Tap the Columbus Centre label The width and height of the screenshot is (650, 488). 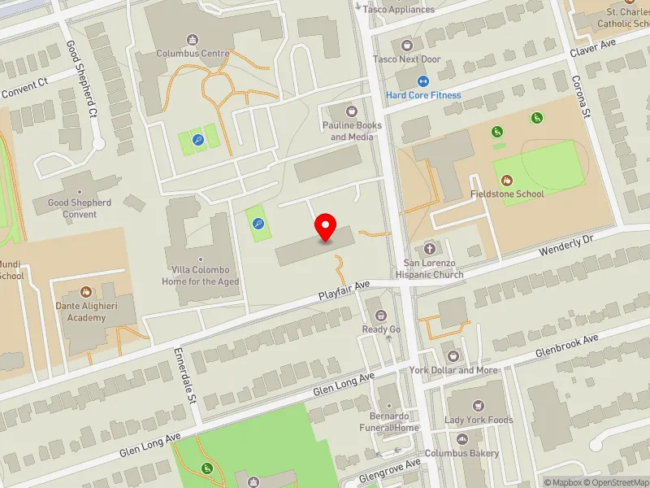(x=193, y=54)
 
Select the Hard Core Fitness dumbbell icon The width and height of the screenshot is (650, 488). (x=422, y=81)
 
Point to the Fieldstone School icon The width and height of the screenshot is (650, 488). (x=508, y=180)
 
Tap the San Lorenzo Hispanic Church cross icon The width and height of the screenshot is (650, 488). (x=429, y=247)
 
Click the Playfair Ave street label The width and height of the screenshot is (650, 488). (x=344, y=290)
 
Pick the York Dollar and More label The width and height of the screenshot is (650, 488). (x=453, y=370)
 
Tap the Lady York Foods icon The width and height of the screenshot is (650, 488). (x=479, y=405)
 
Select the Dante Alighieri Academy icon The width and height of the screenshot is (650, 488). (x=87, y=292)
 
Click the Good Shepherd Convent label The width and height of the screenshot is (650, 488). (x=80, y=208)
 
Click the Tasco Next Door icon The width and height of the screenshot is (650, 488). (x=406, y=45)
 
